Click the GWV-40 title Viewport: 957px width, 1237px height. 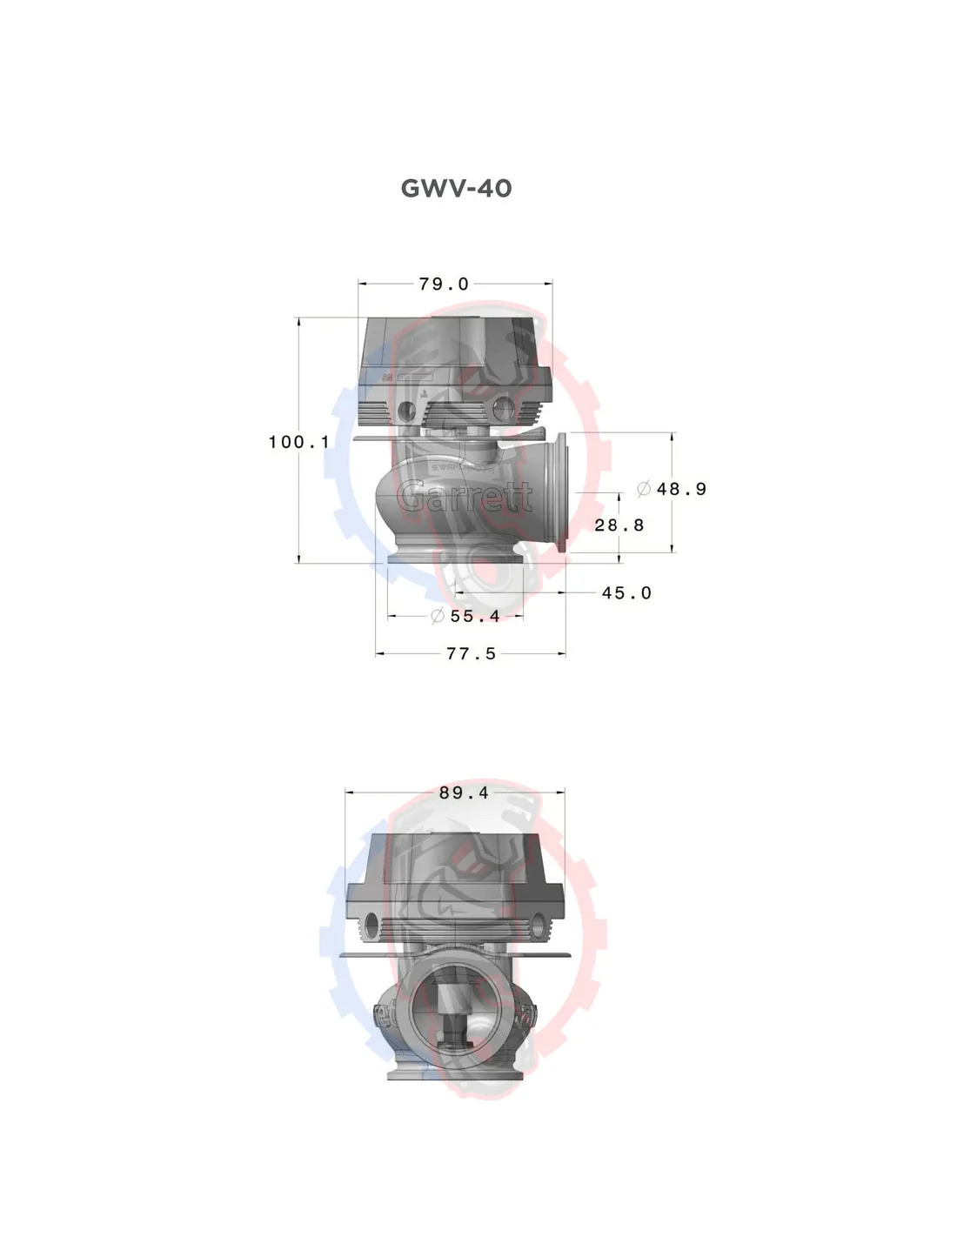coord(456,188)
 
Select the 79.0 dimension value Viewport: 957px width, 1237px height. coord(444,284)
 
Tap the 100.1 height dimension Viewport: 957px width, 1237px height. coord(299,442)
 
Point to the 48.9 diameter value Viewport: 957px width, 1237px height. coord(681,488)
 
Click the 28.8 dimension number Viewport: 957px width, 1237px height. coord(619,525)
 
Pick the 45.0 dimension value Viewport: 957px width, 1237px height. coord(626,593)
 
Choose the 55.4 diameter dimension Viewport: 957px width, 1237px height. coord(475,616)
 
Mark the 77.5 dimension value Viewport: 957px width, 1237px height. coord(471,653)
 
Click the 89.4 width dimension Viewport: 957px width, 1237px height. coord(464,793)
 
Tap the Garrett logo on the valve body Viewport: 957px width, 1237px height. coord(464,497)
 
